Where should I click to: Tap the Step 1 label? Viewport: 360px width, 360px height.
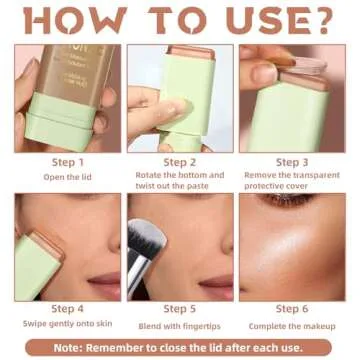click(x=67, y=161)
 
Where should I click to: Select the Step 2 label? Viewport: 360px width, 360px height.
click(x=179, y=161)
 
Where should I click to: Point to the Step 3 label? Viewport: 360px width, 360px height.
click(x=291, y=161)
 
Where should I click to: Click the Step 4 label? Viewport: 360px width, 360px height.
click(x=67, y=309)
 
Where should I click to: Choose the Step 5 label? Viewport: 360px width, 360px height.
click(x=179, y=309)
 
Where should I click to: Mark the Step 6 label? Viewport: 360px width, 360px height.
click(x=291, y=309)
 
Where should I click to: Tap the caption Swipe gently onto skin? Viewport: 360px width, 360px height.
click(x=67, y=323)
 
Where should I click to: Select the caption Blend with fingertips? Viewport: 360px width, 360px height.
click(x=179, y=323)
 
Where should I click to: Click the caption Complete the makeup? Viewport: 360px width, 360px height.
click(x=291, y=323)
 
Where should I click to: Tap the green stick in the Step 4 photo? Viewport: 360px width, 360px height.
click(x=34, y=265)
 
